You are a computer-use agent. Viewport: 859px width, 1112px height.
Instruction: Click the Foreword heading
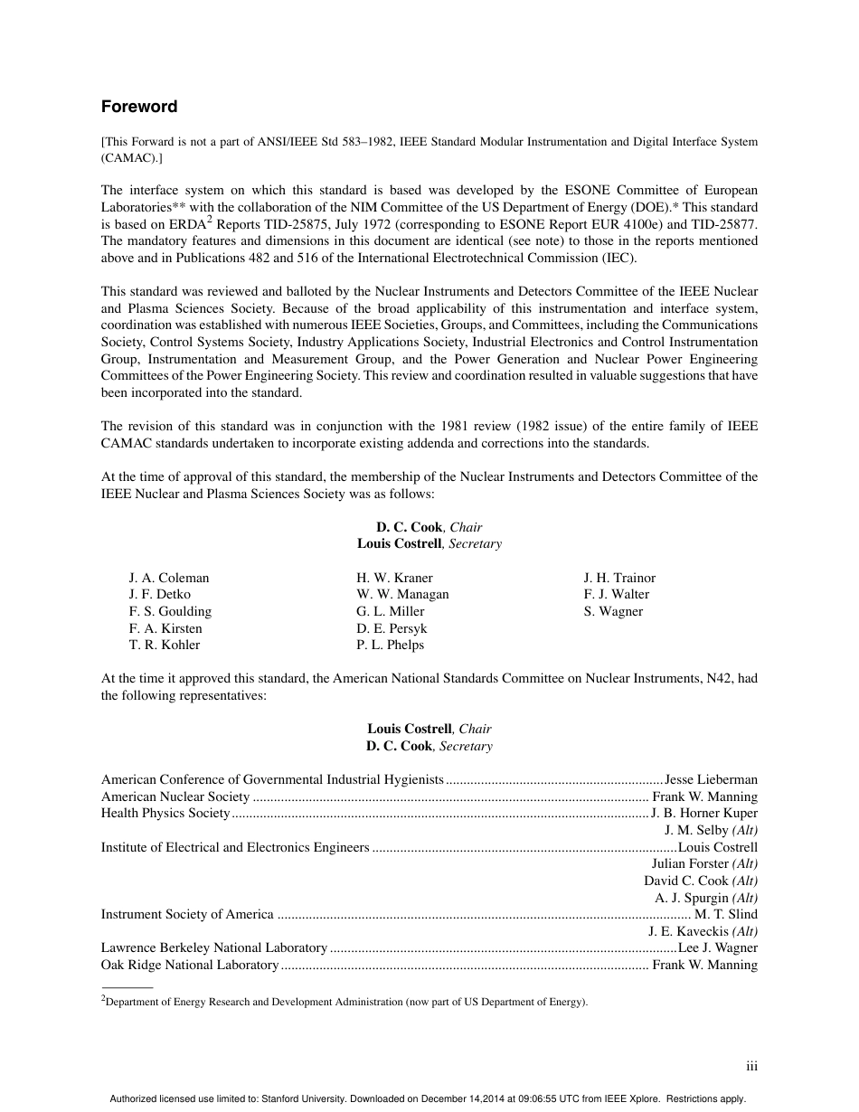[139, 107]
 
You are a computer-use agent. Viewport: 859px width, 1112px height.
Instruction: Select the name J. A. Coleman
[169, 578]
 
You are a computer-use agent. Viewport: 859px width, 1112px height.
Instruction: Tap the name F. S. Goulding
[170, 611]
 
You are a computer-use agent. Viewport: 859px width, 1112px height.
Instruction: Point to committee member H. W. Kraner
[394, 578]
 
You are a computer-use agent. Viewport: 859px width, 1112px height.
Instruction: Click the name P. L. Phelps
[390, 645]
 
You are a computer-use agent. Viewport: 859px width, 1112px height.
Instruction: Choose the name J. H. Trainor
[619, 578]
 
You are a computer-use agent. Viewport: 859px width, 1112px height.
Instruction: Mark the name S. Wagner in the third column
[613, 611]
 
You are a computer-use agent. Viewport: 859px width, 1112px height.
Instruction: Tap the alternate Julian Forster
[690, 863]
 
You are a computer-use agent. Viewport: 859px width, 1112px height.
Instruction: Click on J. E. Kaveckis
[688, 931]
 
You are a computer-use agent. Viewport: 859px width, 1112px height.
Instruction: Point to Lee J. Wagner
[718, 947]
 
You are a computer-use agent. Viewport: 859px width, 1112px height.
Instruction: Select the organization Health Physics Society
[165, 813]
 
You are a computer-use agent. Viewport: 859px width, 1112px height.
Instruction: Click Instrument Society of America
[187, 914]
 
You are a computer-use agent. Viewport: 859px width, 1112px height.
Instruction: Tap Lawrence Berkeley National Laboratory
[214, 947]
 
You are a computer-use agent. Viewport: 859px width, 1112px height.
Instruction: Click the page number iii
[751, 1067]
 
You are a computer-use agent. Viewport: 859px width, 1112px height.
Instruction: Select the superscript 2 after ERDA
[209, 218]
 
